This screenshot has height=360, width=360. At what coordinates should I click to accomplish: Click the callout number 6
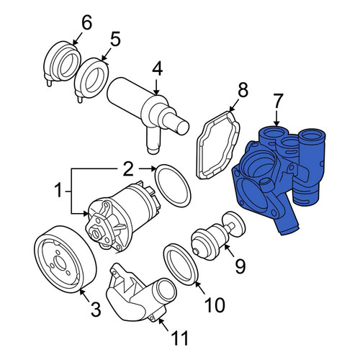click(86, 24)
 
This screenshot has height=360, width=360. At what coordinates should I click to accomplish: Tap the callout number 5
click(115, 40)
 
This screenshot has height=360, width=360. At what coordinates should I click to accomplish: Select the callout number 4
click(158, 68)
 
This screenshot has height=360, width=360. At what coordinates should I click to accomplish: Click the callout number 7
click(278, 102)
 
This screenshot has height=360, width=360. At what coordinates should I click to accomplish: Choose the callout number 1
click(58, 190)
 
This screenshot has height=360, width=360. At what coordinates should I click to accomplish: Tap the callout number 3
click(96, 310)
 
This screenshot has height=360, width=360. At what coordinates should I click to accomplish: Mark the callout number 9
click(240, 267)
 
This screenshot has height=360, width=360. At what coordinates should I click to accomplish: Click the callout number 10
click(215, 305)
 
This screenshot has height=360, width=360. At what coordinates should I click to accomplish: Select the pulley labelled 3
click(65, 259)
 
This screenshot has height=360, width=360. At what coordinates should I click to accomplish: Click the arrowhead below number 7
click(276, 123)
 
